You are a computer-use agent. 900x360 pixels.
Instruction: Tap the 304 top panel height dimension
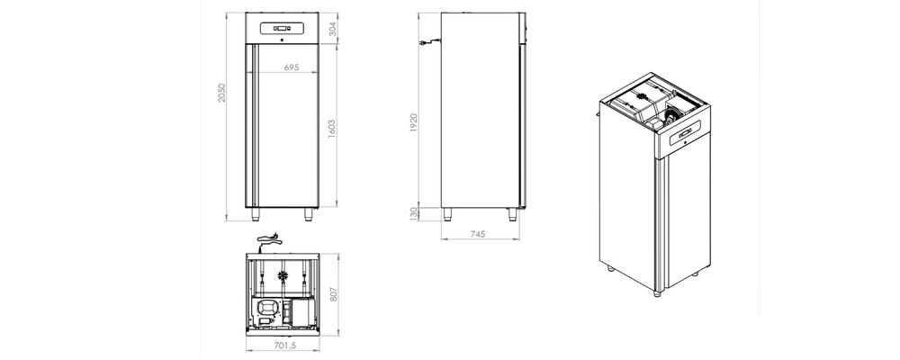(x=332, y=28)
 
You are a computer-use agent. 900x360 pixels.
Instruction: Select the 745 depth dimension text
(x=478, y=234)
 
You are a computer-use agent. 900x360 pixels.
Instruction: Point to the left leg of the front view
(x=256, y=213)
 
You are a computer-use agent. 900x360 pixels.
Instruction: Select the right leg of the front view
(x=308, y=213)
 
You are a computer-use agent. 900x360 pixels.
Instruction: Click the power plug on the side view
(x=423, y=43)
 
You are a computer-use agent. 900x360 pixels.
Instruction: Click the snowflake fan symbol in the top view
(x=285, y=272)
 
